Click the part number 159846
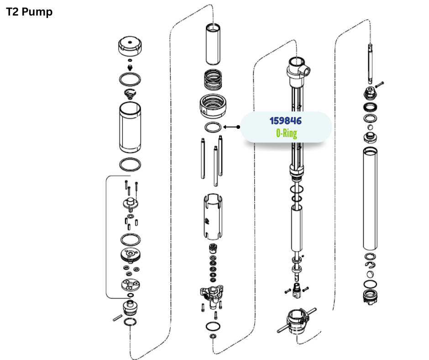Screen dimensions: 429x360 pos(286,121)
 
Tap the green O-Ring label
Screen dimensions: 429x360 pos(287,133)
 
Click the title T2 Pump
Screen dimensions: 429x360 pos(29,12)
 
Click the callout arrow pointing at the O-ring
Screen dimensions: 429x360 pos(231,127)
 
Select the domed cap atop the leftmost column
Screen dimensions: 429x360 pos(130,46)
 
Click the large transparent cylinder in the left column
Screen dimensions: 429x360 pos(130,127)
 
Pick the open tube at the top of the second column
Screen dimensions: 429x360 pos(213,44)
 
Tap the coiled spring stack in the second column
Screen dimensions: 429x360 pos(213,80)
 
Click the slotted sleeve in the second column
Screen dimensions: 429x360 pos(213,217)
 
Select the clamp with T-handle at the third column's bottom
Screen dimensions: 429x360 pos(297,321)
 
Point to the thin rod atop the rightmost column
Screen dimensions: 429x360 pos(370,64)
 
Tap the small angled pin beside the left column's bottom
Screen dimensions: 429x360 pos(118,318)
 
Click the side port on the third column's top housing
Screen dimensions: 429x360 pos(306,70)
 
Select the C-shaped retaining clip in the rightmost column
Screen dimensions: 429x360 pos(371,265)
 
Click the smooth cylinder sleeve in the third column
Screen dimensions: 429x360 pos(297,229)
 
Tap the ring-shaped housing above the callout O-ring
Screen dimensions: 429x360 pos(213,106)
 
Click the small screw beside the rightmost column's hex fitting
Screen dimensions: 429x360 pos(379,84)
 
